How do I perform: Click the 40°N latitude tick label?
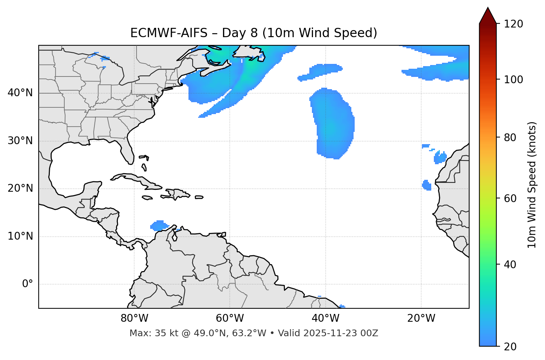point(20,93)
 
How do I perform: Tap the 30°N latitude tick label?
point(20,141)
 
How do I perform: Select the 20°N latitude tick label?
point(20,189)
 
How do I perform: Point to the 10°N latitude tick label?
point(20,236)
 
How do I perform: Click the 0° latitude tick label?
point(28,284)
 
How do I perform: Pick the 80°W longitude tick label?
point(134,318)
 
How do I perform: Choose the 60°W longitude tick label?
point(230,318)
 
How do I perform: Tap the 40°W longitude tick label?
point(325,318)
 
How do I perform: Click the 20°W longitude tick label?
point(421,318)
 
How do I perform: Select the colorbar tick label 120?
point(513,24)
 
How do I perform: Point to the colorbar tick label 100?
point(513,80)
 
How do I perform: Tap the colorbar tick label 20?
point(510,347)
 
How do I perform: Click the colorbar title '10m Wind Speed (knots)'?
point(532,185)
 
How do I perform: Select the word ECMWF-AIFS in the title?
point(169,33)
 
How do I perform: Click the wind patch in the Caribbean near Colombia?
point(159,226)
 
